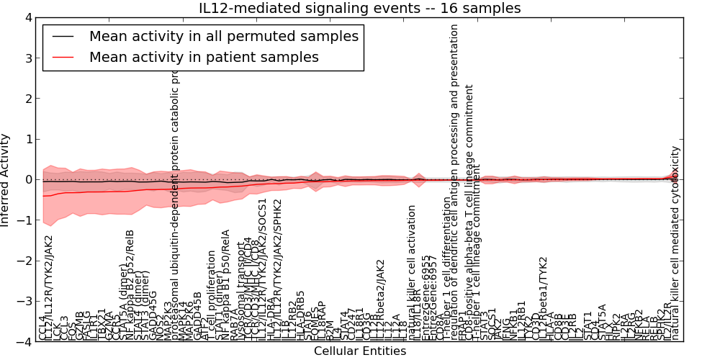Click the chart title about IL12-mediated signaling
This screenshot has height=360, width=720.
tap(360, 8)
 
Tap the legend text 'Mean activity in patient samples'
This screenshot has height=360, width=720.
tap(204, 56)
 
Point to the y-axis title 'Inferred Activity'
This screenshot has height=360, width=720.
tap(6, 179)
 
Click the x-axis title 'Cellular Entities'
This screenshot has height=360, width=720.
tap(360, 351)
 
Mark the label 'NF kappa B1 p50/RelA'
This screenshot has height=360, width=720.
tap(226, 284)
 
